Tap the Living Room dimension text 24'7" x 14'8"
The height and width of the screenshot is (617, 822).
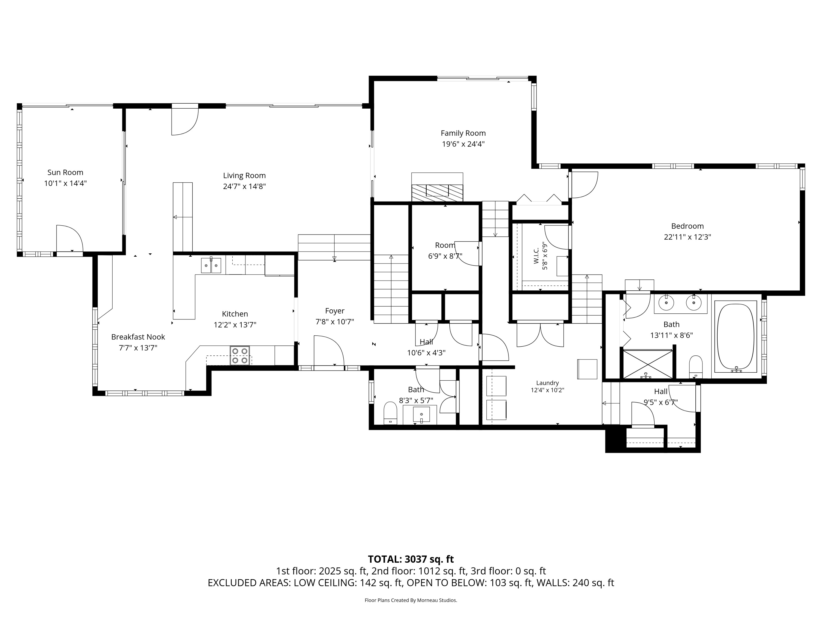pos(244,186)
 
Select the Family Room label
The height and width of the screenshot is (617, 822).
pos(463,133)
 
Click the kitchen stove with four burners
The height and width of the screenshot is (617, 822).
pos(240,356)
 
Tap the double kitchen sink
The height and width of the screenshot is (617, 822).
pos(211,265)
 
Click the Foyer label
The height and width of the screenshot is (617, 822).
pos(335,311)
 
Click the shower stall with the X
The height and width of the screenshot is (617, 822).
pos(647,364)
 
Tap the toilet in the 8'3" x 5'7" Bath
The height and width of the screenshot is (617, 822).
pos(390,413)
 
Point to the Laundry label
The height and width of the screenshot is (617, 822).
pos(547,383)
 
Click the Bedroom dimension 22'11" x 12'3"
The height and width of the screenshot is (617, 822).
pos(687,237)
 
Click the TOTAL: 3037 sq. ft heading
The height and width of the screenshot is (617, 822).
pos(411,559)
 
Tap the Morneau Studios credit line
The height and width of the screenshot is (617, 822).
pos(411,600)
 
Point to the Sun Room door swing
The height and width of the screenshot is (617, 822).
pos(70,238)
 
